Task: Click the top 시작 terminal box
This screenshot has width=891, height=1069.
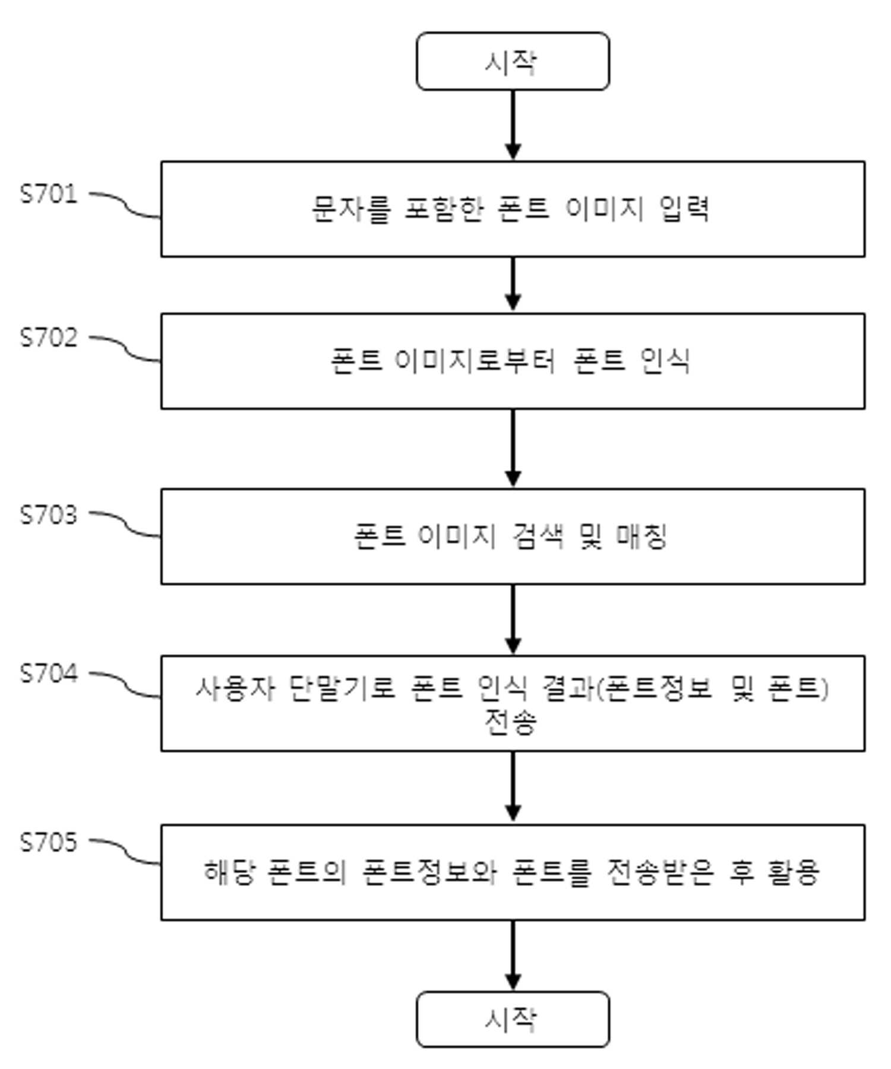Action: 513,61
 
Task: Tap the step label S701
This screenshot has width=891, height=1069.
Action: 49,194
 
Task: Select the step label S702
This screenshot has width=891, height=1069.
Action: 49,337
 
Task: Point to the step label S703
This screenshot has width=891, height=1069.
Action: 49,515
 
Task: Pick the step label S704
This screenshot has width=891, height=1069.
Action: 49,673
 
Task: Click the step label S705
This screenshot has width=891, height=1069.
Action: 49,842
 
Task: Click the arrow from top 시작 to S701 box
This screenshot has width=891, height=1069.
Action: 513,125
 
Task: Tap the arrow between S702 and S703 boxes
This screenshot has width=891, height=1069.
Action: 513,448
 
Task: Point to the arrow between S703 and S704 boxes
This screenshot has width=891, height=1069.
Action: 513,620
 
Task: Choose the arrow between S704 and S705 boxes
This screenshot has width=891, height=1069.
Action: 513,787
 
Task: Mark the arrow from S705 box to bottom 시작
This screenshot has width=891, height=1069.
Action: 513,955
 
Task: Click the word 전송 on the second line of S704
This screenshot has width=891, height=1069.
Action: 511,723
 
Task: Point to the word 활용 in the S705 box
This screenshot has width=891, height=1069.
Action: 794,872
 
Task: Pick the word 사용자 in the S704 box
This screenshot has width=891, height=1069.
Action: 235,689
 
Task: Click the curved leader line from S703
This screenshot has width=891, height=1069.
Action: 125,525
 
